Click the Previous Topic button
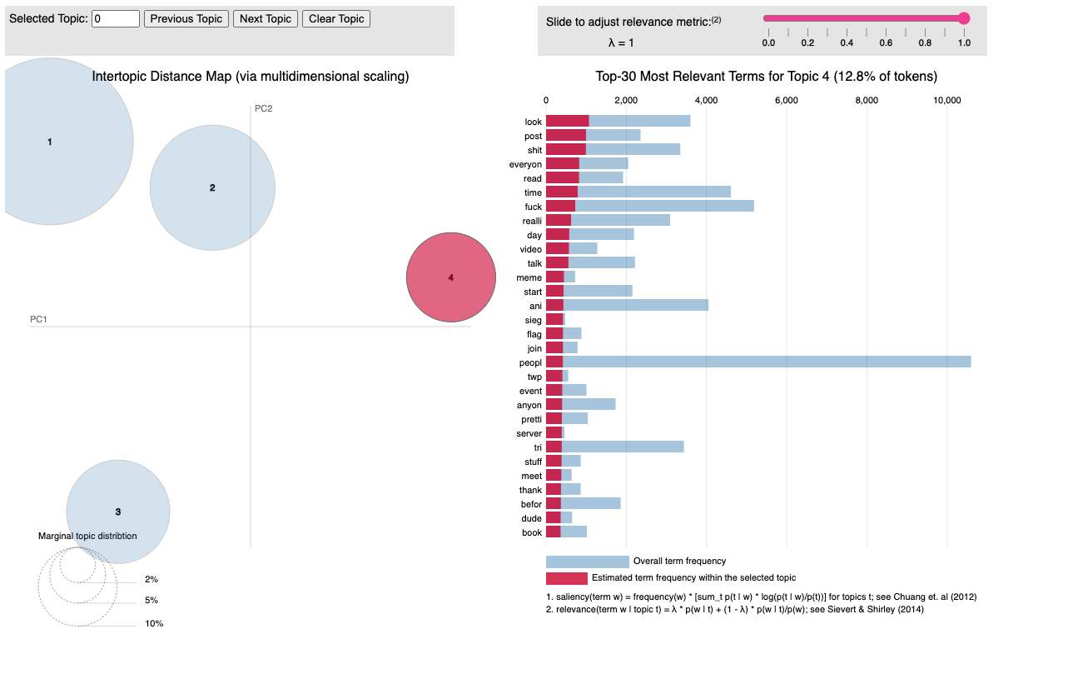[186, 18]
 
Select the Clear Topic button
[336, 18]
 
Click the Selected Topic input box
[116, 18]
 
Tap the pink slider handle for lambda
[964, 18]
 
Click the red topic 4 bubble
[451, 277]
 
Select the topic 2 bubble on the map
[212, 187]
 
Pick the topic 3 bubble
[118, 512]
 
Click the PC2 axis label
[264, 108]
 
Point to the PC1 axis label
[39, 319]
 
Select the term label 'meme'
[529, 277]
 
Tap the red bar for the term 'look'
[567, 122]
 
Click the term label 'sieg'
[533, 320]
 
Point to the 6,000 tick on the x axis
[786, 100]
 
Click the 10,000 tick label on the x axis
[947, 100]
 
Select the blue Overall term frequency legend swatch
[587, 562]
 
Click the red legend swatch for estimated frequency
[566, 578]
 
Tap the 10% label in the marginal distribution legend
[154, 623]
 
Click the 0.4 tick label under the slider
[847, 42]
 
